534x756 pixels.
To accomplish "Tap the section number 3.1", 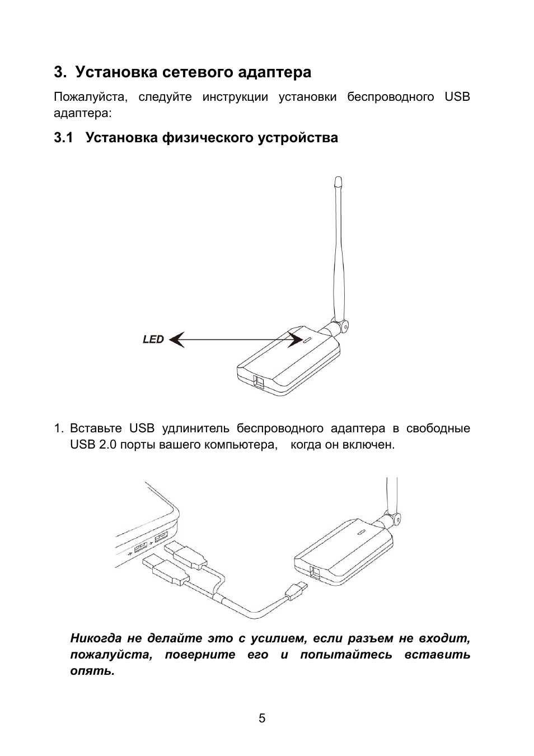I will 64,138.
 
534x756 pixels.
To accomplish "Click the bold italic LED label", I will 153,339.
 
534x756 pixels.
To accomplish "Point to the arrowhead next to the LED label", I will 177,339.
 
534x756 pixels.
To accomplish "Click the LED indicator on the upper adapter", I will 308,340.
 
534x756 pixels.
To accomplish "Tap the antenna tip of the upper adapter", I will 337,182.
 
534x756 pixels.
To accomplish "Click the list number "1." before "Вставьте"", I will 59,428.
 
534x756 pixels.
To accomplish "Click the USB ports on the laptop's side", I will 149,542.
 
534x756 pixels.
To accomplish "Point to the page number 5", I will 262,718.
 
